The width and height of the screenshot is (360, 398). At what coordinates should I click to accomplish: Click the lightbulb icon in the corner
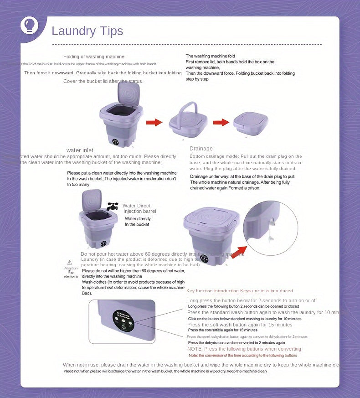pos(30,26)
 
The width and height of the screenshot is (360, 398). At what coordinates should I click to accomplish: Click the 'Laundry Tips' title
pos(87,31)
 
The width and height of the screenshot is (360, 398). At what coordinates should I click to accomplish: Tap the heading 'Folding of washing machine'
pos(93,57)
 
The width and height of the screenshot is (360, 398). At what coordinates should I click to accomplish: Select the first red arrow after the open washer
pos(154,122)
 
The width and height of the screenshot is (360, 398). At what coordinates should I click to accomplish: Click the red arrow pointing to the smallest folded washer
pos(221,122)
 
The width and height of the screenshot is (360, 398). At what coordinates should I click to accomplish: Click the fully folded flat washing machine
pos(251,123)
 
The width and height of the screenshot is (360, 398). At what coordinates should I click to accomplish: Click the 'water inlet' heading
pos(80,150)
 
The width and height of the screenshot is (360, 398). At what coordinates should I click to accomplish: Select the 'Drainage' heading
pos(201,149)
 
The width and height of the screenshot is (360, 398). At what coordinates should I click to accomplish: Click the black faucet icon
pos(112,206)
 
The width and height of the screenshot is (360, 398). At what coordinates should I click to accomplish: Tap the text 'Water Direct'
pos(136,206)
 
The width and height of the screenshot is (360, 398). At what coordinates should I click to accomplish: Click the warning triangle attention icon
pos(70,262)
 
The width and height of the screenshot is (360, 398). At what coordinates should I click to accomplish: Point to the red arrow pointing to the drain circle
pos(238,252)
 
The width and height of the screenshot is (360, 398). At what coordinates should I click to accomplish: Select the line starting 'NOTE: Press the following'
pos(244,349)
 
